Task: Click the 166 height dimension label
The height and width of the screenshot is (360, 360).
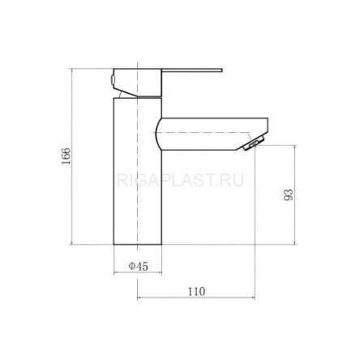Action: coord(66,156)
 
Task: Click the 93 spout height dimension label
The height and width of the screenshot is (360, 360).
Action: coord(289,195)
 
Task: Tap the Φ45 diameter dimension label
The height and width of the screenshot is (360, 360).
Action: coord(139,266)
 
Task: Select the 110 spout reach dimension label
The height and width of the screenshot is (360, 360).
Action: coord(196,291)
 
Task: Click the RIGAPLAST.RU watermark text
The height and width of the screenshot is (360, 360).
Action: coord(180,180)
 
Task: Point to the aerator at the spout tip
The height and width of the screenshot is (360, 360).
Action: coord(254,143)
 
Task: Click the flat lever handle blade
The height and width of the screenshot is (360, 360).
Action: coord(192,71)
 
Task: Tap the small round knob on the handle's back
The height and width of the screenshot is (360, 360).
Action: coord(113,79)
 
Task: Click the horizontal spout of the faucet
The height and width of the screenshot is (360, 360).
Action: coord(212,134)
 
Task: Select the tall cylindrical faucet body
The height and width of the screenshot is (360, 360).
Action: coord(137,171)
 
